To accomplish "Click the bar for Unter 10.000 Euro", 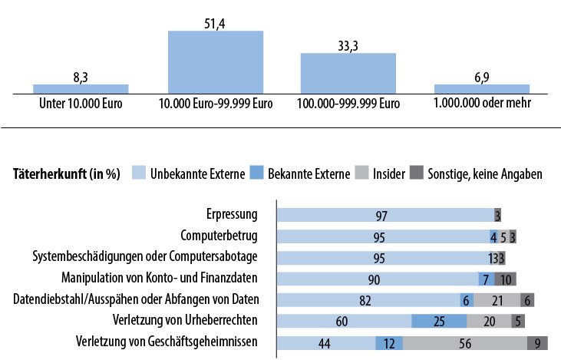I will click(81, 88).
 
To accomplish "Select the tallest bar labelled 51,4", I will click(216, 61).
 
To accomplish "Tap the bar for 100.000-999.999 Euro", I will click(348, 73).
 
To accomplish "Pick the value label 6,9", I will click(481, 78).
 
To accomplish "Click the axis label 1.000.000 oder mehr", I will click(481, 103).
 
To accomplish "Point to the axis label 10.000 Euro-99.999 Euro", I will click(216, 103).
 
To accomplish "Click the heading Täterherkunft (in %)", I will click(67, 173).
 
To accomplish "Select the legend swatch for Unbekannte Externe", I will click(139, 173).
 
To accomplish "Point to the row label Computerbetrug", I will click(219, 236).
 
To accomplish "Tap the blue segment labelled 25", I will click(438, 322).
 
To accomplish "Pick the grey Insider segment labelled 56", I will click(464, 343).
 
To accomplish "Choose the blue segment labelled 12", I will click(388, 343).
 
